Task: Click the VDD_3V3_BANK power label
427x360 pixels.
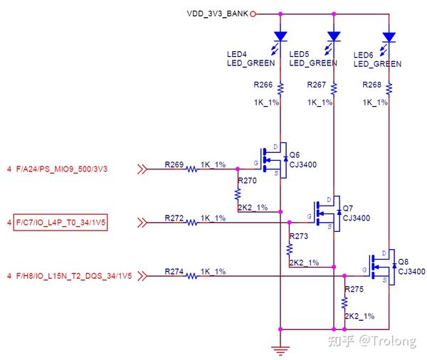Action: pyautogui.click(x=217, y=13)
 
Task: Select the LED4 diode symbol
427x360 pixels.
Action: pyautogui.click(x=280, y=36)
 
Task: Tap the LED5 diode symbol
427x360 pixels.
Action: pyautogui.click(x=334, y=36)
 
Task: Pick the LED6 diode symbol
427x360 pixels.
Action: pyautogui.click(x=389, y=36)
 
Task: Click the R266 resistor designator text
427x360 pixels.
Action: pyautogui.click(x=262, y=85)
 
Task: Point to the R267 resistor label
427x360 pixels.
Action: pyautogui.click(x=317, y=85)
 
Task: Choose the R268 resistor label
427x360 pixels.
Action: pyautogui.click(x=371, y=85)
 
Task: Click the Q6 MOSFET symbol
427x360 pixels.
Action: pyautogui.click(x=274, y=160)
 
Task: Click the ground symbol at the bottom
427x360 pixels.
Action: pyautogui.click(x=282, y=348)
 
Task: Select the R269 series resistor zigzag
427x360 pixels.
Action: pyautogui.click(x=192, y=169)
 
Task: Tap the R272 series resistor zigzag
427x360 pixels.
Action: pyautogui.click(x=192, y=223)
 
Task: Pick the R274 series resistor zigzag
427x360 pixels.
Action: pyautogui.click(x=192, y=275)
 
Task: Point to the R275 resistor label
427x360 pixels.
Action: pyautogui.click(x=354, y=289)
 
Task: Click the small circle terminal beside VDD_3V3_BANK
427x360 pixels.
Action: pyautogui.click(x=253, y=13)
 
